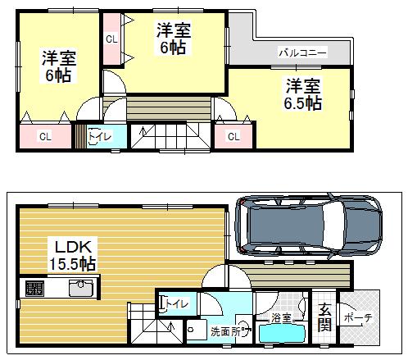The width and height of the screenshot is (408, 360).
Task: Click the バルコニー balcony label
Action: [302, 52]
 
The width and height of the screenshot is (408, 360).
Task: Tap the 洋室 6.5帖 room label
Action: [303, 94]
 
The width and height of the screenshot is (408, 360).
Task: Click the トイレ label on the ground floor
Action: [177, 304]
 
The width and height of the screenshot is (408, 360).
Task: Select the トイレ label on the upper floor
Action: [100, 137]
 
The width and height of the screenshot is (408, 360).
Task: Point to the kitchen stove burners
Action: [34, 288]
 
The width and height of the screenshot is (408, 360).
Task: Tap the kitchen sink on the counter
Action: [79, 288]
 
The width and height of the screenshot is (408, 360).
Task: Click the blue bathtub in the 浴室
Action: [282, 335]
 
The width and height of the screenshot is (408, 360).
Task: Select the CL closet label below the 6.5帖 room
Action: [233, 136]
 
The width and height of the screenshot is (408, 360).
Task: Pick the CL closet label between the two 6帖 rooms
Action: [110, 39]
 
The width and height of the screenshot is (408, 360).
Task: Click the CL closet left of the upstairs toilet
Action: [44, 137]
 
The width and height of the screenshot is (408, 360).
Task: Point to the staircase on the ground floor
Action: [152, 331]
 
